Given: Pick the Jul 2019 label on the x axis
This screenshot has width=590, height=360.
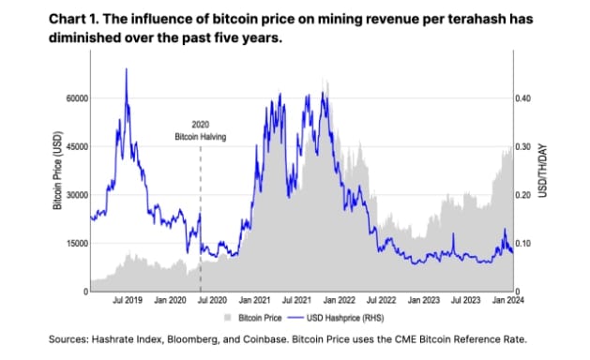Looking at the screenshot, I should pos(127,301).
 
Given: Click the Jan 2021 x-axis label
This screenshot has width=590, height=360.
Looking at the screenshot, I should pos(255,301).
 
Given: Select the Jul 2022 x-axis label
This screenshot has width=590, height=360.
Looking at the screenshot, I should pos(383,301).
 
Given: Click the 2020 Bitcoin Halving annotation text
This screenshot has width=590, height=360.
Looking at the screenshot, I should pos(201,130).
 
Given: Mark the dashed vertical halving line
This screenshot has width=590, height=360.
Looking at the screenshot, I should pos(201,216).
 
